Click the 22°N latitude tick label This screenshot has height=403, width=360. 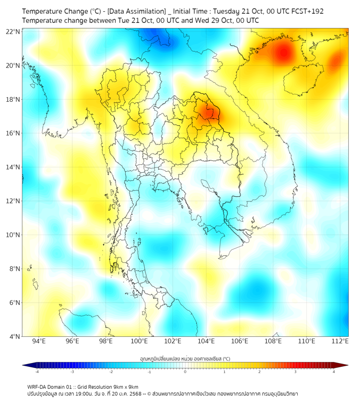pos(13,31)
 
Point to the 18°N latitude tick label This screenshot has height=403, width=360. pos(13,100)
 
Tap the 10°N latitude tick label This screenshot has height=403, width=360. pos(13,235)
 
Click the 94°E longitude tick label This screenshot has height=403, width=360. pos(39,342)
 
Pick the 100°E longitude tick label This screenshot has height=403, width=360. pos(139,342)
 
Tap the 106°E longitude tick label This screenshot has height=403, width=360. pos(240,342)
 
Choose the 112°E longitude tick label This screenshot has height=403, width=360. pos(340,342)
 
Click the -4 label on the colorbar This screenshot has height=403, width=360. pos(36,372)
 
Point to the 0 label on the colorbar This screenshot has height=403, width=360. pos(185,372)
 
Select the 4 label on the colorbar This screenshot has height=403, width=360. pos(333,372)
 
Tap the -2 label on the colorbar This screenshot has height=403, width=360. pos(110,372)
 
